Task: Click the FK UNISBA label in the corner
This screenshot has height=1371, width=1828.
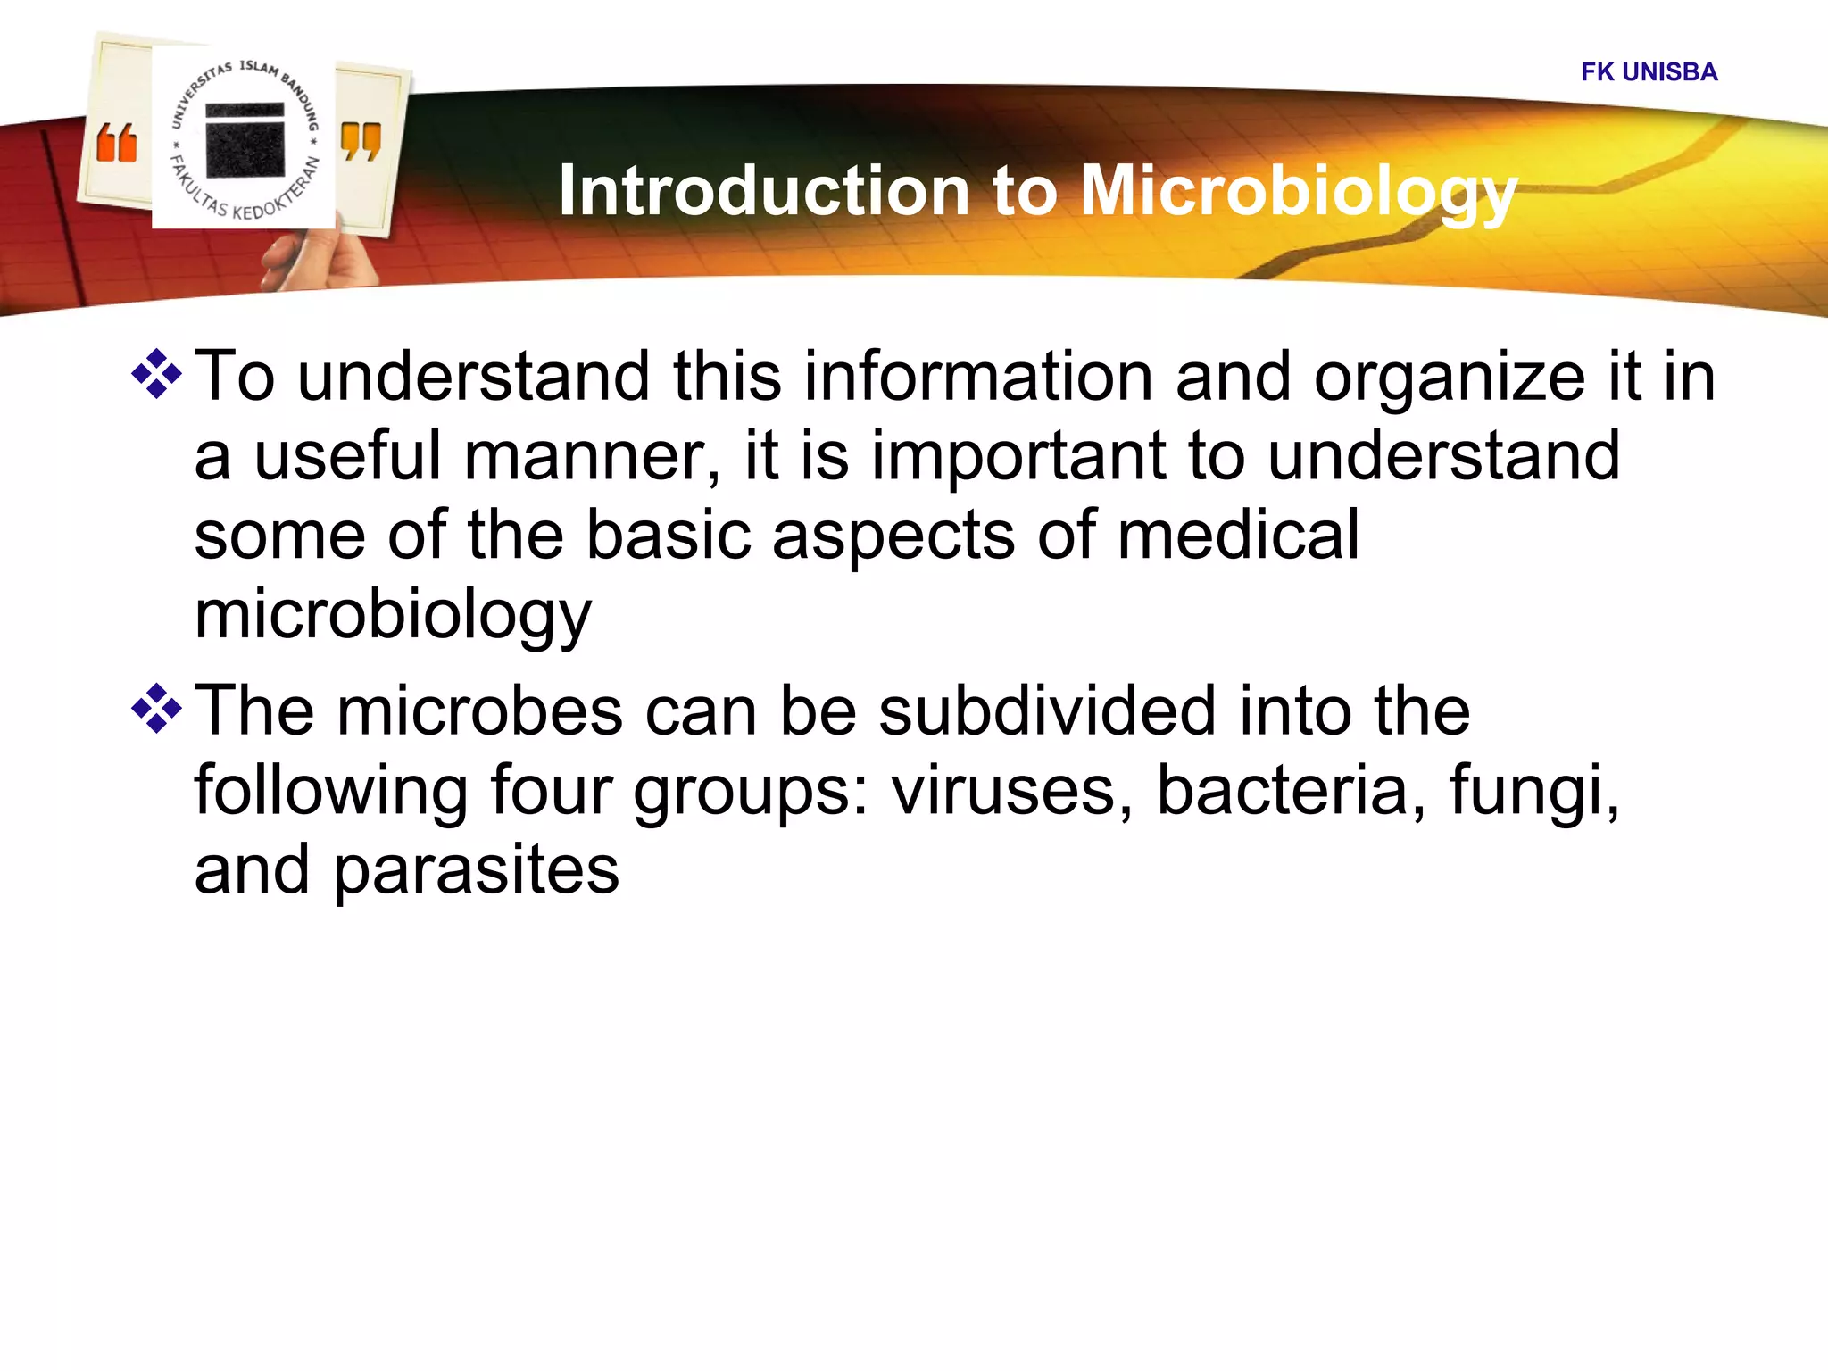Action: coord(1649,71)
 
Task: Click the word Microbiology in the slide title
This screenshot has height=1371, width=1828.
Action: coord(1299,191)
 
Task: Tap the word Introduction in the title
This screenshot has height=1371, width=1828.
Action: coord(764,191)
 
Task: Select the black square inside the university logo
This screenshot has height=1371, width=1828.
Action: coord(245,140)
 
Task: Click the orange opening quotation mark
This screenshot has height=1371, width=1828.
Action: coord(117,144)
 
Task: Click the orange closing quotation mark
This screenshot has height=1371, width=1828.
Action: coord(361,142)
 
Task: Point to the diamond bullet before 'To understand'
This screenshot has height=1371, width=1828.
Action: coord(157,374)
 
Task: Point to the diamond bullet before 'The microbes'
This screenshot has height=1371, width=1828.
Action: coord(157,709)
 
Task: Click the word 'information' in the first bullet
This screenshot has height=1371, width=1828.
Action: coord(978,376)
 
